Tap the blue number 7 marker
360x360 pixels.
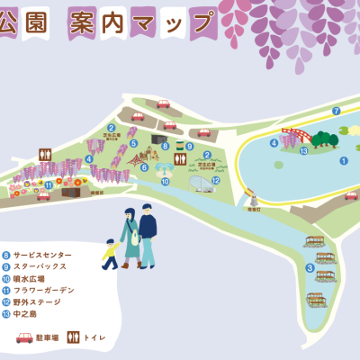(336, 111)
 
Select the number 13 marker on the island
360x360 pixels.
(303, 151)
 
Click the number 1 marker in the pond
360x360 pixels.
(343, 161)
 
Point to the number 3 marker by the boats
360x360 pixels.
(310, 267)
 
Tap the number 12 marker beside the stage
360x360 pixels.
(215, 181)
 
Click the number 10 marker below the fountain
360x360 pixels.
(165, 182)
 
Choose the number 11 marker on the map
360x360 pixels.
(48, 185)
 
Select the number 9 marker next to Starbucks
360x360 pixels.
(189, 146)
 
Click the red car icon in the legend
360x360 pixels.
(24, 337)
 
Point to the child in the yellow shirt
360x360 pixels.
(110, 254)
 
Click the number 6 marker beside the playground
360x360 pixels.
(144, 166)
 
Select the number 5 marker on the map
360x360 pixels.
(133, 143)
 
